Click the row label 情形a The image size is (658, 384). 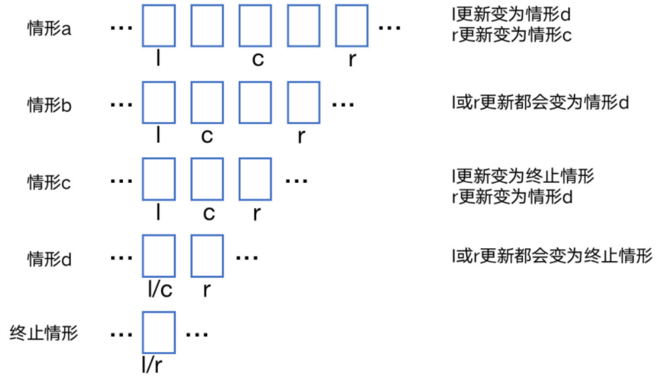[x=49, y=29]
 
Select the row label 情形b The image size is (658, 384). [x=49, y=105]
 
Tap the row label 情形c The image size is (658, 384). [x=49, y=182]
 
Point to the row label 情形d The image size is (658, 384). [x=49, y=258]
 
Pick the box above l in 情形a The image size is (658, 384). [x=160, y=25]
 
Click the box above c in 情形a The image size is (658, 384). [x=256, y=25]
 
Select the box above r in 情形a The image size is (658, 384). [x=352, y=25]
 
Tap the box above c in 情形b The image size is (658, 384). [x=208, y=102]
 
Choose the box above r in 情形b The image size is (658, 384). [x=304, y=102]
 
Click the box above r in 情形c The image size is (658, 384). [x=255, y=178]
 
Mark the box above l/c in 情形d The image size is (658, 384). [x=160, y=255]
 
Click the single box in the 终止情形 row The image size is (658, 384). [x=160, y=332]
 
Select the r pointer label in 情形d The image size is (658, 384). [x=206, y=289]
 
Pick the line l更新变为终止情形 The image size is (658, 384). [x=523, y=177]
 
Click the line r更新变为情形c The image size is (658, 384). [x=512, y=36]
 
